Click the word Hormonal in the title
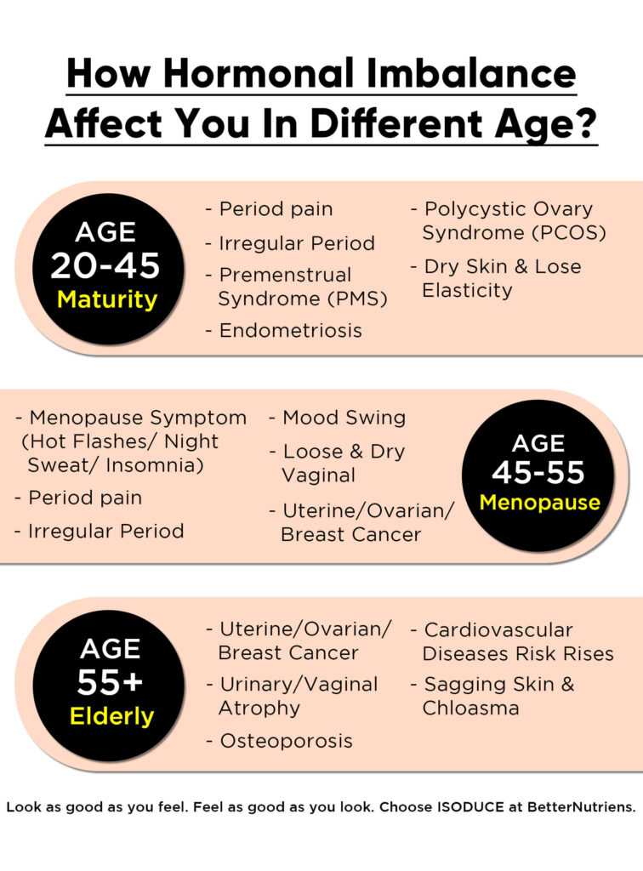(259, 73)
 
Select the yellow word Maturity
(108, 300)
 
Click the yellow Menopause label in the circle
(540, 502)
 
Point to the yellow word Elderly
(111, 716)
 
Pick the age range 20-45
(105, 265)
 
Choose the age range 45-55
(538, 473)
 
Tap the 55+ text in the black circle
(110, 682)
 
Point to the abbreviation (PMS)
(357, 299)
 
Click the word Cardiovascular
(498, 630)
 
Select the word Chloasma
(471, 709)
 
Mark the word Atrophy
(259, 709)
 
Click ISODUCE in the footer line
(470, 806)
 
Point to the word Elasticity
(467, 291)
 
